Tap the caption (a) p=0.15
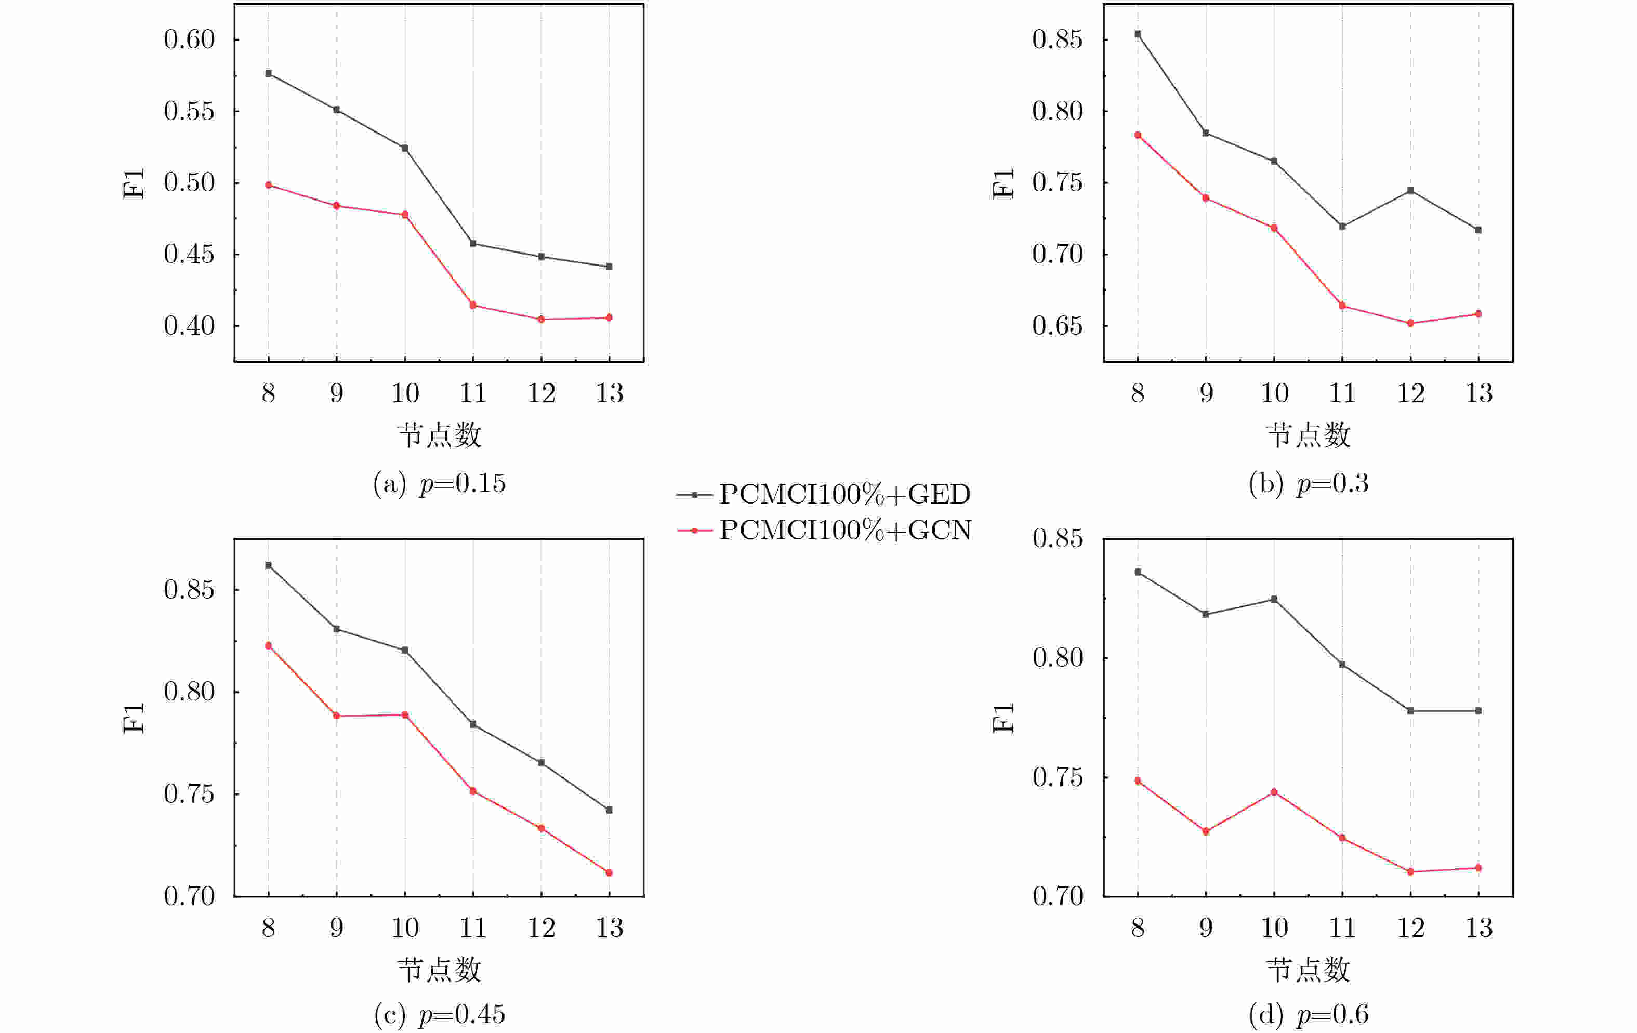tap(439, 483)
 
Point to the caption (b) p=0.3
tap(1308, 483)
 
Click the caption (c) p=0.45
tap(439, 1015)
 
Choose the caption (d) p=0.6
tap(1308, 1015)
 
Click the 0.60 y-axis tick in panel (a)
tap(189, 39)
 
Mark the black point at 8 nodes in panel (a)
tap(269, 73)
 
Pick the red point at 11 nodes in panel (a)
tap(473, 305)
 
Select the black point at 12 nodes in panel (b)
tap(1410, 191)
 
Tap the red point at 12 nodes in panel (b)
tap(1410, 324)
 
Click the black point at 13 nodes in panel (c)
tap(609, 810)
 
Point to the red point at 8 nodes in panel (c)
tap(269, 645)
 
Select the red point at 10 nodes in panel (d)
tap(1274, 792)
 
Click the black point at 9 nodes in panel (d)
tap(1206, 614)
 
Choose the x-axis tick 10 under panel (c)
tap(405, 928)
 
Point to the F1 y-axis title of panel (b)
tap(1004, 183)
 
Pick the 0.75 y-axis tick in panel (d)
tap(1057, 777)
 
